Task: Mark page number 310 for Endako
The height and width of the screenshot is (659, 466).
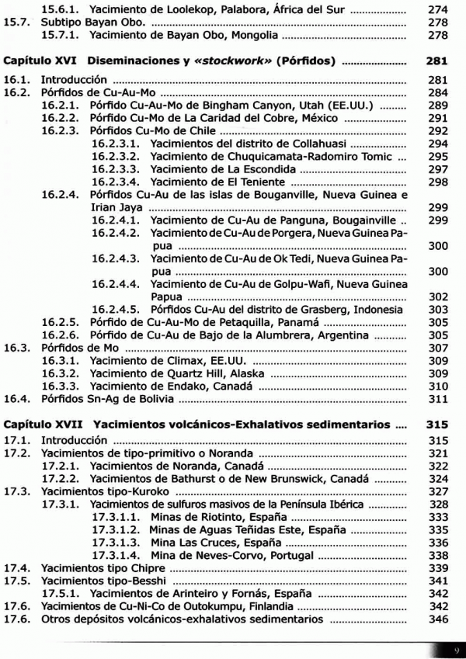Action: click(438, 387)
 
